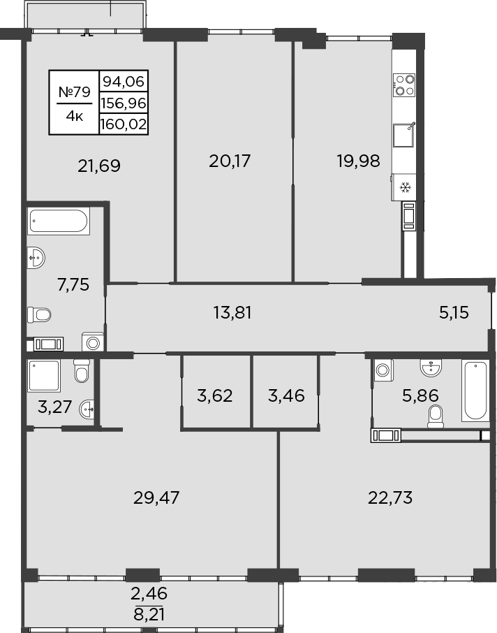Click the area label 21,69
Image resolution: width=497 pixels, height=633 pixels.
click(x=99, y=166)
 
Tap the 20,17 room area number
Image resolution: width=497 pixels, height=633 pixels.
click(x=230, y=161)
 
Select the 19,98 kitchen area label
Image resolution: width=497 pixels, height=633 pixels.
click(x=358, y=161)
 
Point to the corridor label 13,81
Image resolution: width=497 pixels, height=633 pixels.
click(x=232, y=312)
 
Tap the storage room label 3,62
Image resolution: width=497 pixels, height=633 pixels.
click(x=215, y=397)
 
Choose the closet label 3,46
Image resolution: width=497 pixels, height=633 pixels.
click(x=286, y=397)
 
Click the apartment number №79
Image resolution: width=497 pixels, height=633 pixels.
click(x=74, y=91)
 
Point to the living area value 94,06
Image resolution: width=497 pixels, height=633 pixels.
click(x=124, y=81)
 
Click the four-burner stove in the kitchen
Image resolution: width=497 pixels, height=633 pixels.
click(x=405, y=85)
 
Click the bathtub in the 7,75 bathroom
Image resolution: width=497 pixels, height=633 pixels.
click(x=59, y=222)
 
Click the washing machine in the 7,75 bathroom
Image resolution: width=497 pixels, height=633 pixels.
click(x=91, y=342)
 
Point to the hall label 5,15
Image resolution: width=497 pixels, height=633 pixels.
click(x=453, y=312)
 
